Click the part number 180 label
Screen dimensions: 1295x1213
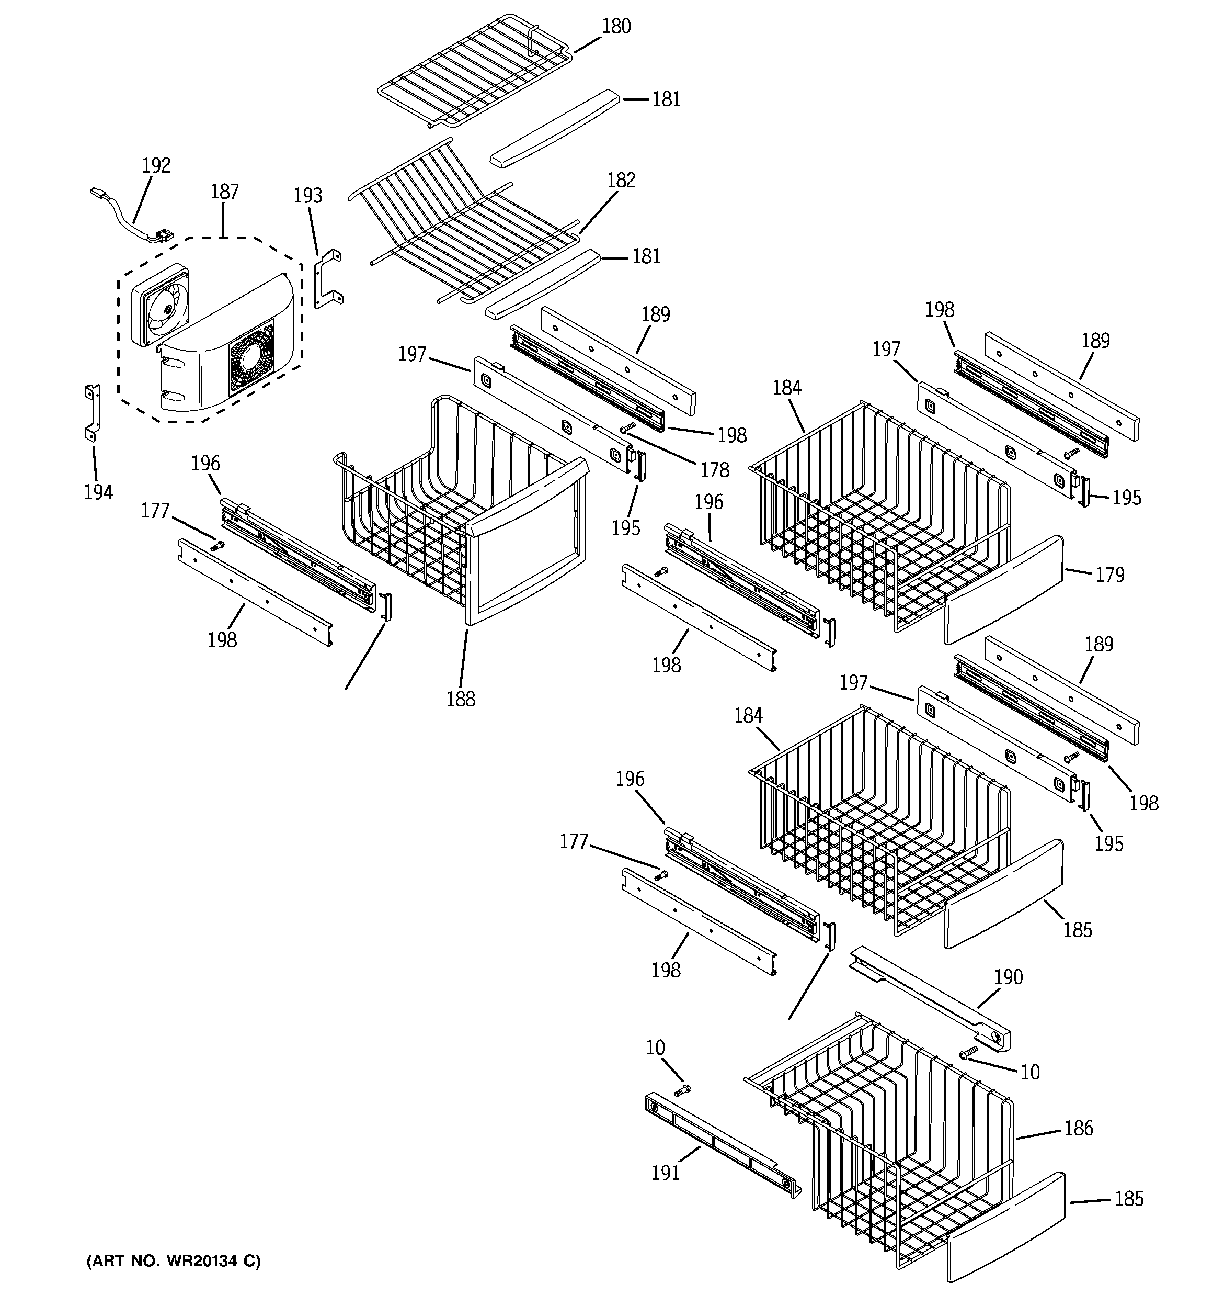tap(615, 27)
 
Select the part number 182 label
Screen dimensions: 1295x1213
tap(621, 181)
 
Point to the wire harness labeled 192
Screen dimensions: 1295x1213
tap(130, 218)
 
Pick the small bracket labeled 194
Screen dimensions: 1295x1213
tap(93, 412)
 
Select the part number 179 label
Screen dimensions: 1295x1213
tap(1109, 575)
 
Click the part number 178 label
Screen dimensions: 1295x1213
tap(714, 470)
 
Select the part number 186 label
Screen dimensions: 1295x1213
tap(1078, 1128)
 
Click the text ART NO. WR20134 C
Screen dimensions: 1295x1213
tap(173, 1261)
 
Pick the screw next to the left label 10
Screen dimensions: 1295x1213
tap(682, 1089)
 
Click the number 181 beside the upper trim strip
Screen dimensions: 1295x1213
tap(666, 99)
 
